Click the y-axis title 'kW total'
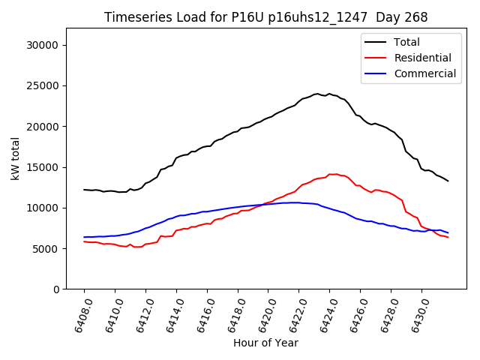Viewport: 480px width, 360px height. tap(16, 158)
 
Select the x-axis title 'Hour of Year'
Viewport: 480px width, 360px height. tap(265, 343)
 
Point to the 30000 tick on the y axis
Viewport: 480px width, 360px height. tap(43, 45)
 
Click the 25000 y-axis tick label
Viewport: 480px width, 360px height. tap(43, 85)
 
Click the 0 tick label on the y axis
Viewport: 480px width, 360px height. tap(57, 289)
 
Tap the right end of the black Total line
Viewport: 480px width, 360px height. tap(448, 181)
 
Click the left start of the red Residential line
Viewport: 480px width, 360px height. tap(84, 241)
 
